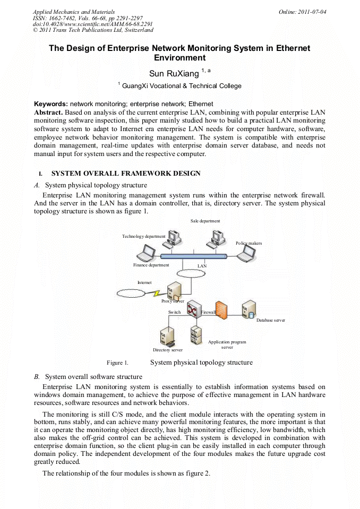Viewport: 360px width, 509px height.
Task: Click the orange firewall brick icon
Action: tap(222, 310)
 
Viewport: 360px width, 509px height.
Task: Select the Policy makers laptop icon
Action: tap(245, 254)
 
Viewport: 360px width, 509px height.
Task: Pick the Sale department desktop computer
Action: tap(216, 239)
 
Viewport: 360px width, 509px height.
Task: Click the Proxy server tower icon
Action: tap(173, 291)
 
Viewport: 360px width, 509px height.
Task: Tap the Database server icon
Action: tap(248, 309)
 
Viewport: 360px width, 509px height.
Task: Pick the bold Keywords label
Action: tap(51, 104)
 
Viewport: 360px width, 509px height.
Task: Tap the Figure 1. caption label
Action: tap(117, 363)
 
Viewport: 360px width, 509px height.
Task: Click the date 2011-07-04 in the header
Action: tap(312, 11)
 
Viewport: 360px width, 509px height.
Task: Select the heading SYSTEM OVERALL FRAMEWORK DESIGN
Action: tap(126, 174)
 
